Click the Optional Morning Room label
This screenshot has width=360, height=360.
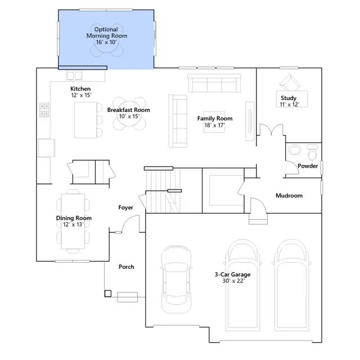point(107,35)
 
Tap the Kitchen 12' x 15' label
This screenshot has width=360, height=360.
point(80,92)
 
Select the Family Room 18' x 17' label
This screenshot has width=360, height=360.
point(215,121)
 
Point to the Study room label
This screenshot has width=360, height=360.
point(289,101)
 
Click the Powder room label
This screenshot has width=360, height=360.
point(308,166)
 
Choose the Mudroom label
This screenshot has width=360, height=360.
point(289,196)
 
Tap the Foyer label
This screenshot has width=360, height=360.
point(126,208)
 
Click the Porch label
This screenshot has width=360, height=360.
point(126,267)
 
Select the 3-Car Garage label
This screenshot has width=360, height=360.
point(232,277)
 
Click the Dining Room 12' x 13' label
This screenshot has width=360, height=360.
point(74,221)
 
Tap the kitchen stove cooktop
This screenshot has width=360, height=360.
point(44,110)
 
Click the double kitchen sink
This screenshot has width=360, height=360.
point(74,75)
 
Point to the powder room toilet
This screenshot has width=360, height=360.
point(313,152)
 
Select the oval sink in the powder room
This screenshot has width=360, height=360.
point(295,150)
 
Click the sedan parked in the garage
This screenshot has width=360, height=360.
point(176,279)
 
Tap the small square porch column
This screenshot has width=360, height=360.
point(108,294)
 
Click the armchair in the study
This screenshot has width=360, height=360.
point(290,83)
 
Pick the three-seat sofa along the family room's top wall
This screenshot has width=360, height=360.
point(214,83)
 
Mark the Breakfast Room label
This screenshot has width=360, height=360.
point(129,113)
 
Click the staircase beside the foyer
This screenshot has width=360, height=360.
point(163,191)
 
